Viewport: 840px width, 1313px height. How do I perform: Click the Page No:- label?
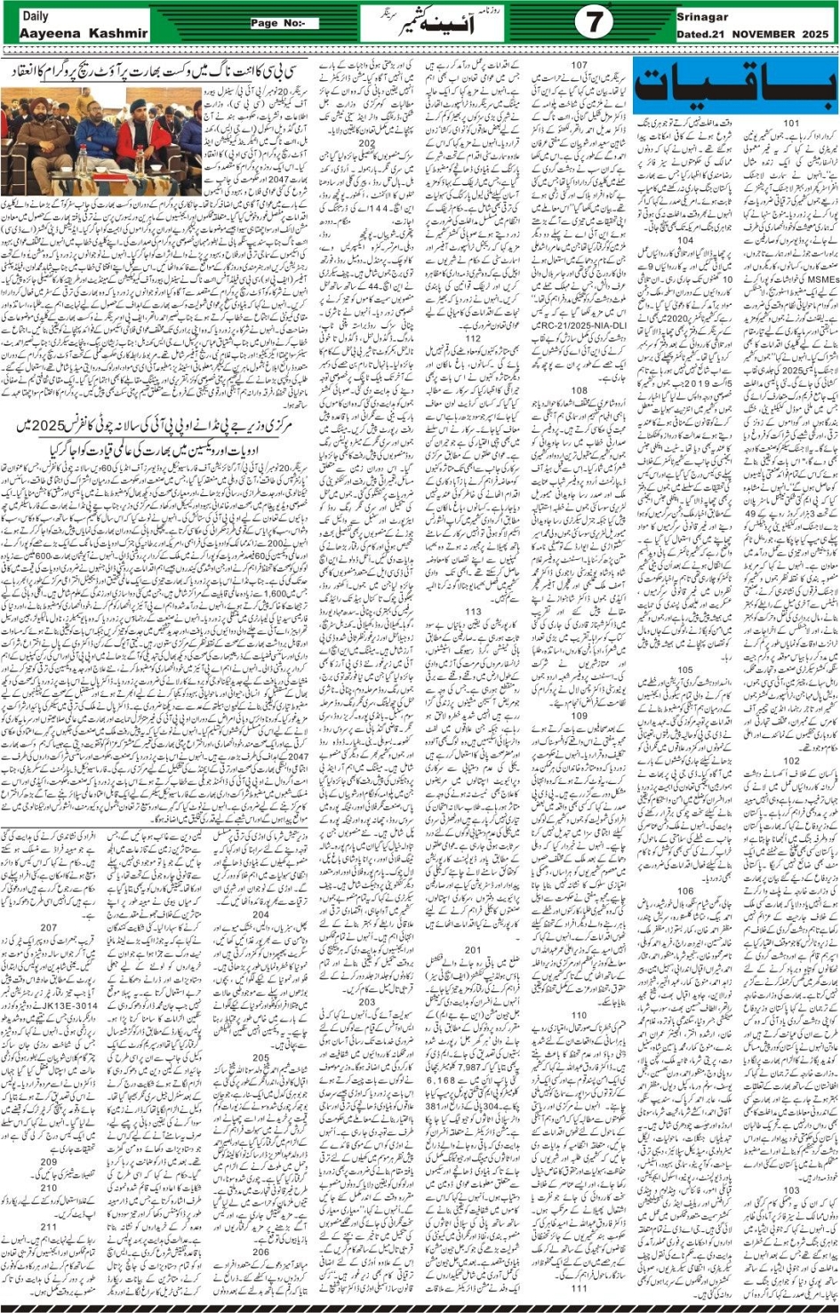[283, 23]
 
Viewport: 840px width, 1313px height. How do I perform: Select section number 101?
[791, 123]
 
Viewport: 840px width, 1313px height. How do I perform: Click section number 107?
[579, 65]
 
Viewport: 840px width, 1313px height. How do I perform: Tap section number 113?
[473, 612]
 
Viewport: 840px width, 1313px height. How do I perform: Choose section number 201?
[473, 949]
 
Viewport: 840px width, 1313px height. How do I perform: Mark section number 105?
[685, 670]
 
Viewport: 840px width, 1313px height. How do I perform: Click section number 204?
[260, 914]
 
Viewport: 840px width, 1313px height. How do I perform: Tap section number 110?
[579, 1015]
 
